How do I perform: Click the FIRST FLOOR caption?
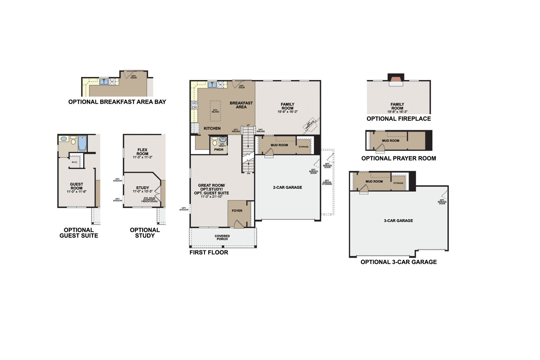pyautogui.click(x=209, y=253)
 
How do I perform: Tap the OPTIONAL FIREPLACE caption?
pyautogui.click(x=398, y=119)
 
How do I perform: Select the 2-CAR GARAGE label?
pyautogui.click(x=287, y=187)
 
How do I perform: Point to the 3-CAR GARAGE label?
pyautogui.click(x=398, y=221)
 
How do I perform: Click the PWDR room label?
pyautogui.click(x=219, y=150)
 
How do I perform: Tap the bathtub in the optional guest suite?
pyautogui.click(x=82, y=144)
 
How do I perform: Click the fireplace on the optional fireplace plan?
pyautogui.click(x=396, y=79)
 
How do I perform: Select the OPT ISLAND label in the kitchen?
pyautogui.click(x=215, y=111)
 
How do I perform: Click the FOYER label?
pyautogui.click(x=237, y=211)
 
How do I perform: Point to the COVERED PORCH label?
pyautogui.click(x=222, y=238)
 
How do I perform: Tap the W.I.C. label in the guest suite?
pyautogui.click(x=74, y=162)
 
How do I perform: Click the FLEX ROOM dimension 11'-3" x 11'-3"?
pyautogui.click(x=142, y=157)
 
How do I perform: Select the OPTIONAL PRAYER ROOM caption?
pyautogui.click(x=398, y=158)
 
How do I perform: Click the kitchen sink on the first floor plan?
pyautogui.click(x=212, y=85)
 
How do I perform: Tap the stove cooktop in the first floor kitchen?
pyautogui.click(x=195, y=105)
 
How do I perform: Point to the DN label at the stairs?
pyautogui.click(x=248, y=173)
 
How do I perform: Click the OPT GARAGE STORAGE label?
pyautogui.click(x=327, y=182)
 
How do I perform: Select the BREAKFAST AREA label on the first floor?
pyautogui.click(x=241, y=105)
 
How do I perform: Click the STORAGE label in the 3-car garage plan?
pyautogui.click(x=398, y=183)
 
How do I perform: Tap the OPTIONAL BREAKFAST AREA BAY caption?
pyautogui.click(x=117, y=102)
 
